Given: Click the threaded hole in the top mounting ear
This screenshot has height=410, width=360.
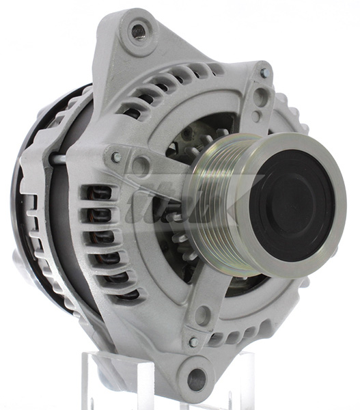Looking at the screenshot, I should pos(139,31).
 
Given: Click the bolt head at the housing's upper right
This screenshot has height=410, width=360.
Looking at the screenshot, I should pos(264,73).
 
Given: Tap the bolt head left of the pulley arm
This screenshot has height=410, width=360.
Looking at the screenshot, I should pos(117,157).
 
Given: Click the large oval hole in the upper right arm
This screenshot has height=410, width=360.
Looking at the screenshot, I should pos(260,98).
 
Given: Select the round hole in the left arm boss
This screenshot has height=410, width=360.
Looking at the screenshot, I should pos(141,165).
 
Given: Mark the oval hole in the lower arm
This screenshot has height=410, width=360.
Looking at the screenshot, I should pos(203,315).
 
